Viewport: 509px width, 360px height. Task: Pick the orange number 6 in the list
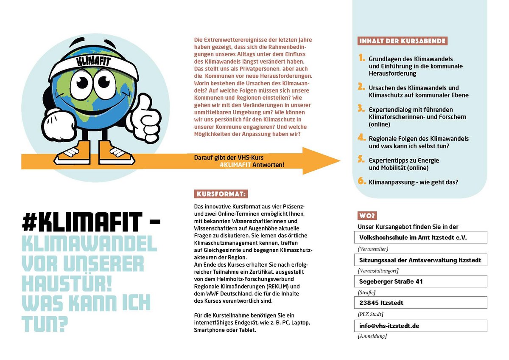pyautogui.click(x=361, y=181)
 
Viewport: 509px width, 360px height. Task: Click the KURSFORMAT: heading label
pyautogui.click(x=221, y=194)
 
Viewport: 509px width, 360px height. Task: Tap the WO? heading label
pyautogui.click(x=368, y=216)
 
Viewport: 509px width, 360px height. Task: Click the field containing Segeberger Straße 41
pyautogui.click(x=420, y=281)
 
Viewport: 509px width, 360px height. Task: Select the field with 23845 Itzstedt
pyautogui.click(x=420, y=303)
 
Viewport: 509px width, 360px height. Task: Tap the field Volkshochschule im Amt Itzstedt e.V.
pyautogui.click(x=420, y=237)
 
